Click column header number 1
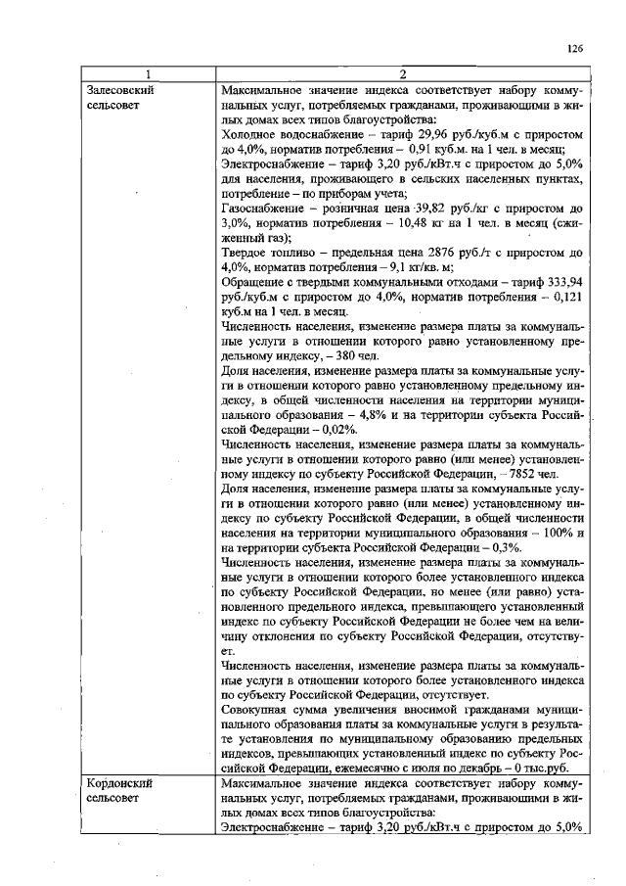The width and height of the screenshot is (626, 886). [x=148, y=74]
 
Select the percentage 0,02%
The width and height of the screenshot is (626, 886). [x=338, y=429]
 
